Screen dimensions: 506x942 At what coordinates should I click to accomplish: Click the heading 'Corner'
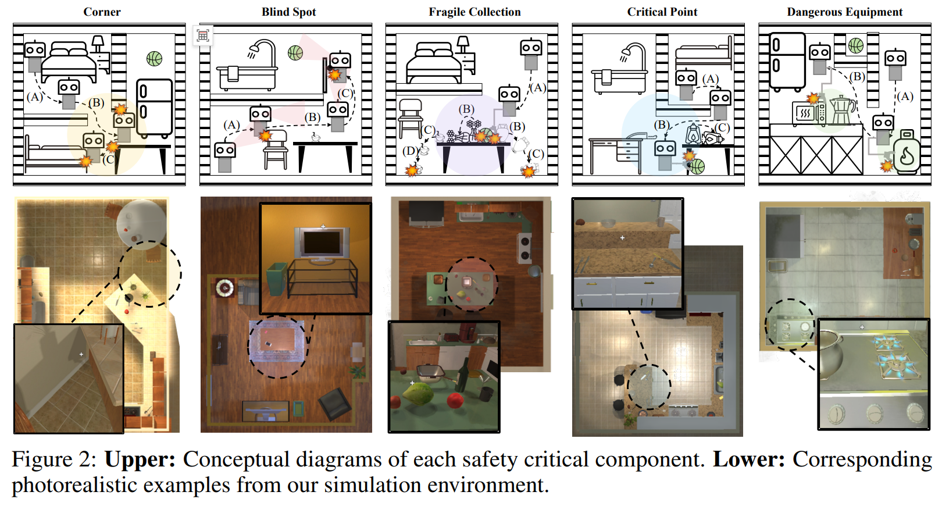tap(102, 12)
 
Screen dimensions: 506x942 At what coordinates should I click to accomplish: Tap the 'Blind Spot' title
tap(288, 12)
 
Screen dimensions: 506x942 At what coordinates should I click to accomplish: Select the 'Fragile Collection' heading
tap(474, 12)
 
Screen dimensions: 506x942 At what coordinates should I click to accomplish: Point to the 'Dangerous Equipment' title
tap(844, 12)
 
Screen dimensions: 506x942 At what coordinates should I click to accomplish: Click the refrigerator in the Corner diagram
tap(155, 108)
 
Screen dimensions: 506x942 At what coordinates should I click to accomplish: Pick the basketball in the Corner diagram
tap(154, 59)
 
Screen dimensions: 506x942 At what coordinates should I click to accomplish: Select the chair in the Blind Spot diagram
tap(276, 149)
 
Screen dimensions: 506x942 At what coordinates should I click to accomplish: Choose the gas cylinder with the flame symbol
tap(907, 153)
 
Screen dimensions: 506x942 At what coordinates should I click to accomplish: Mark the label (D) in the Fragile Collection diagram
tap(410, 151)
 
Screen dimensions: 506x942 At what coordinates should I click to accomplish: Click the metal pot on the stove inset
tap(834, 352)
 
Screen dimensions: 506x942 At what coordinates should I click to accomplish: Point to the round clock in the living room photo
tap(224, 287)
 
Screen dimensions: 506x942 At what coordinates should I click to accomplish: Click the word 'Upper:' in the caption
tap(140, 459)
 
